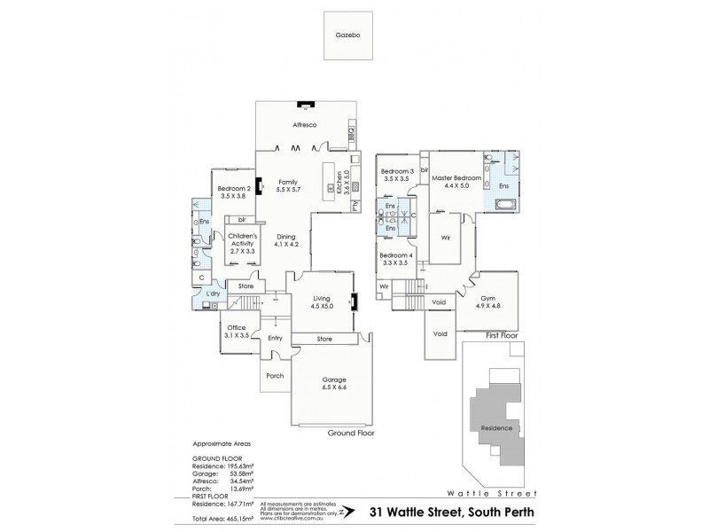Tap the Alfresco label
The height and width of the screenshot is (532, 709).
point(305,126)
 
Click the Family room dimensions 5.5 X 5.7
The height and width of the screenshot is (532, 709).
point(289,190)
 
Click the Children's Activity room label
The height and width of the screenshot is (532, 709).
point(242,239)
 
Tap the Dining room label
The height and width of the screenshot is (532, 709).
point(285,237)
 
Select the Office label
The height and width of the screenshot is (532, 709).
point(236,327)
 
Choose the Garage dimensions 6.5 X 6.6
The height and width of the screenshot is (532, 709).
point(334,387)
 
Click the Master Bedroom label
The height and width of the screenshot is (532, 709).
point(456,178)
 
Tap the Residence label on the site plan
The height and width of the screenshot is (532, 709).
point(495,426)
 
